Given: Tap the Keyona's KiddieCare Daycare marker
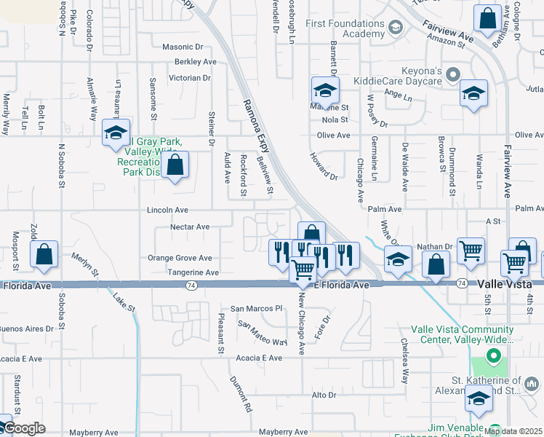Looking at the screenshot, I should click(453, 74).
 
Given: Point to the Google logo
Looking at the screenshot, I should click(23, 428).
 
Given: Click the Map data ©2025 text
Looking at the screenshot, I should click(513, 431).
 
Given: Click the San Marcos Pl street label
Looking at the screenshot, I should click(256, 309).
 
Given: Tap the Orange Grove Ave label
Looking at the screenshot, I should click(180, 258).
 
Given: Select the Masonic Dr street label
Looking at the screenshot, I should click(187, 47).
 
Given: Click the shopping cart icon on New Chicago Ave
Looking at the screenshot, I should click(303, 269).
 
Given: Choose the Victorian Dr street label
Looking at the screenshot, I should click(189, 77).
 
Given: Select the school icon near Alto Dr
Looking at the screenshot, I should click(479, 398).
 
